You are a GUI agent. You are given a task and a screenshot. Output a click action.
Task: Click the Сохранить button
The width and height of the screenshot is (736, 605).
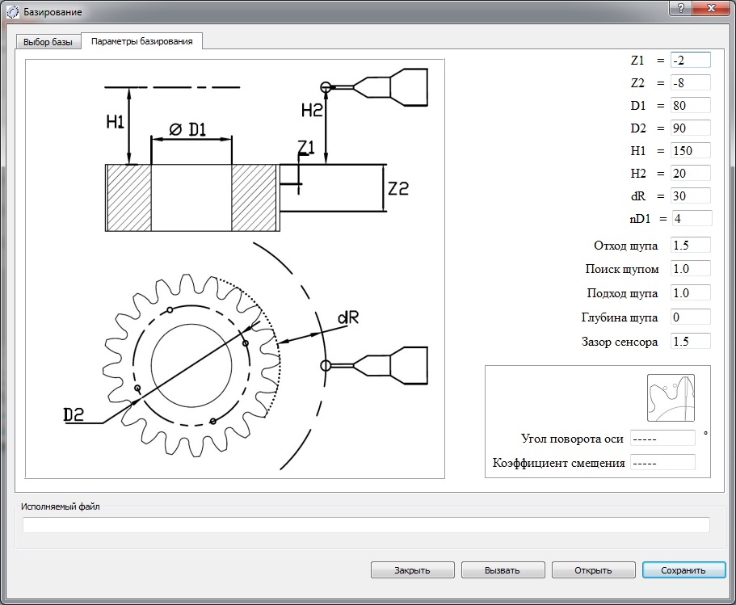click(683, 569)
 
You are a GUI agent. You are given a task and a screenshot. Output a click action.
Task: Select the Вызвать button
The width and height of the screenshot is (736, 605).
click(503, 569)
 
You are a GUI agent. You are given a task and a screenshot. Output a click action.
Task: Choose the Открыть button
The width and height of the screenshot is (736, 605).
click(593, 569)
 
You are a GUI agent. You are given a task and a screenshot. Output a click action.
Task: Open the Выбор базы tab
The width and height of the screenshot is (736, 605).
click(48, 42)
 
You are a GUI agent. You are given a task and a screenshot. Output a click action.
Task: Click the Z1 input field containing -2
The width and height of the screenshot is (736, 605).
click(691, 60)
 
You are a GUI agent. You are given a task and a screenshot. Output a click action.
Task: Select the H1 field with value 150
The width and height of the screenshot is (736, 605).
click(691, 151)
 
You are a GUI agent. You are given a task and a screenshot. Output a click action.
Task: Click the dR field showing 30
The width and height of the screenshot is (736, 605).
click(691, 195)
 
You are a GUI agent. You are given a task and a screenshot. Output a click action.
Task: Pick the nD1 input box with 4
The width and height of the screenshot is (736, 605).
click(692, 218)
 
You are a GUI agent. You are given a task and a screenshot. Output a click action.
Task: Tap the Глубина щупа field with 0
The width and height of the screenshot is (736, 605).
click(691, 317)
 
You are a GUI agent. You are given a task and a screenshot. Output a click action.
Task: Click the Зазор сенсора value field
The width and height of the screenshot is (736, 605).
click(691, 341)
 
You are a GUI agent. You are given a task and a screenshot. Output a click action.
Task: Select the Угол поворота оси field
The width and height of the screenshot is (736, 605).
click(662, 439)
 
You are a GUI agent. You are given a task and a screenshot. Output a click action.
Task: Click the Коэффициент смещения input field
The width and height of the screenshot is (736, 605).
click(662, 462)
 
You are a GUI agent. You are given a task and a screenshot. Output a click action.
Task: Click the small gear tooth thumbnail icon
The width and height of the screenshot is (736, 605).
click(671, 397)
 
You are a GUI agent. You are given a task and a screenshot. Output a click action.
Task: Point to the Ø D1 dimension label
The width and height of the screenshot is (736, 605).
click(187, 129)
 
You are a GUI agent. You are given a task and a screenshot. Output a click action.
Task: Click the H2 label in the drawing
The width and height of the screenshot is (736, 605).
click(311, 111)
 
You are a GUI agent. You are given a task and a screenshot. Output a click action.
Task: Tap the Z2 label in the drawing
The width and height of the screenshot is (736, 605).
click(398, 189)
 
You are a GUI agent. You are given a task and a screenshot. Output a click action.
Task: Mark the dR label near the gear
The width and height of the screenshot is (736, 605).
click(348, 317)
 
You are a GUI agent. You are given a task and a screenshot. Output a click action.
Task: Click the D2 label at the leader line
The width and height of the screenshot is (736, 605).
click(74, 414)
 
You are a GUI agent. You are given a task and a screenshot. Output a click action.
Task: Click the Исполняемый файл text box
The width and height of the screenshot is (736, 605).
click(366, 525)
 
